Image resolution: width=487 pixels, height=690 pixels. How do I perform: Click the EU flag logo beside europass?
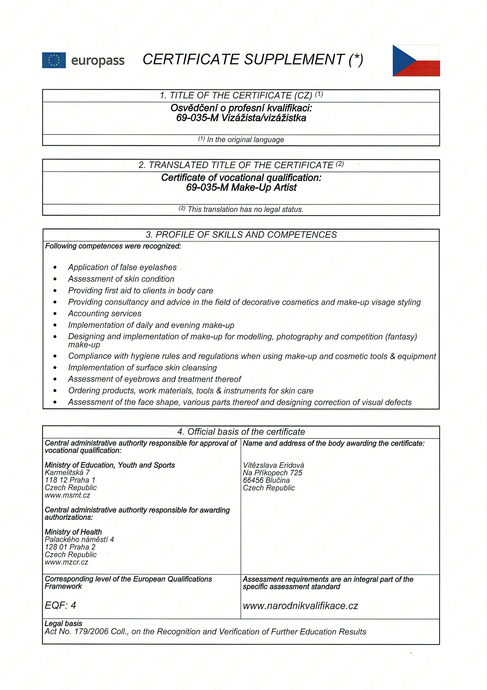click(x=54, y=60)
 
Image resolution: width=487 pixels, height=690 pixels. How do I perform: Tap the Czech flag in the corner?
click(x=416, y=61)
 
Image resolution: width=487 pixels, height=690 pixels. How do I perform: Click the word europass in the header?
click(x=98, y=61)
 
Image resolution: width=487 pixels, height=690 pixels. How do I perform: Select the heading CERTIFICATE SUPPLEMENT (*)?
click(x=253, y=59)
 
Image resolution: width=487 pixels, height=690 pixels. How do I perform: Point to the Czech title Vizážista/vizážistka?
click(x=263, y=118)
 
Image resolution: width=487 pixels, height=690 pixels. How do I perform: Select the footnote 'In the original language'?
click(x=245, y=140)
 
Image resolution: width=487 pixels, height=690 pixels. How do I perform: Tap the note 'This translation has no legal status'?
click(x=245, y=210)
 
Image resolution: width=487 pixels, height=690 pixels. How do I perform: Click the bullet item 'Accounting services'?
click(x=105, y=314)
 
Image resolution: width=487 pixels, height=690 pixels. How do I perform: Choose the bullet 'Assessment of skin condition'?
click(x=121, y=279)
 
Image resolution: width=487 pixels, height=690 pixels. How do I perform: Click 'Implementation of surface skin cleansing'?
click(x=142, y=368)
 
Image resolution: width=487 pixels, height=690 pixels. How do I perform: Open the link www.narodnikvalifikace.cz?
click(x=300, y=606)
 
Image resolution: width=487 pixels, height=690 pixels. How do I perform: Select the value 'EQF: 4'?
click(x=60, y=605)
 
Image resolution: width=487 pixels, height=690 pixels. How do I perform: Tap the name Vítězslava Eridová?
click(x=274, y=465)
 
